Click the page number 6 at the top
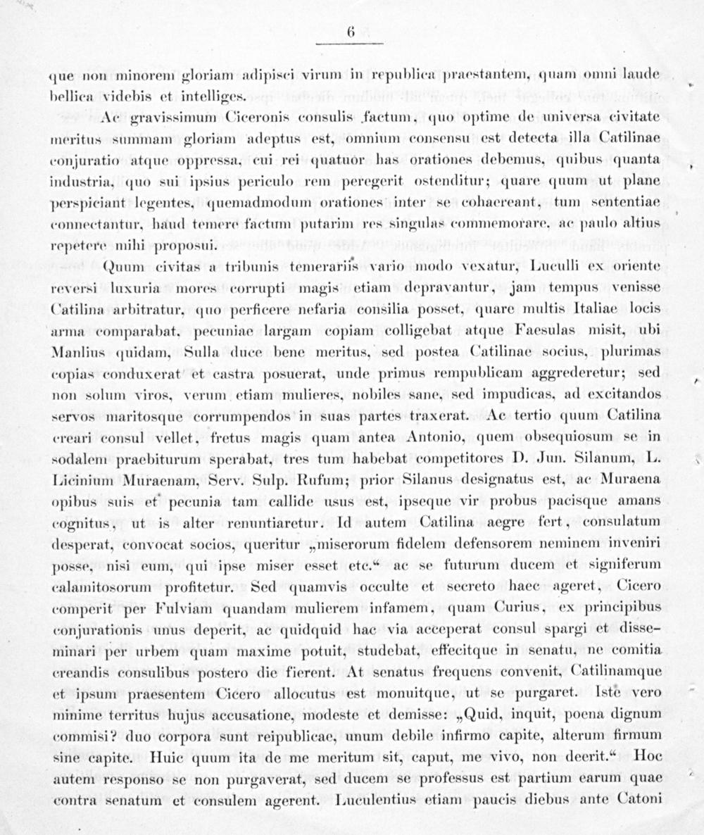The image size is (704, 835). click(350, 32)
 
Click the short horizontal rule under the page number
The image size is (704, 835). click(350, 44)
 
